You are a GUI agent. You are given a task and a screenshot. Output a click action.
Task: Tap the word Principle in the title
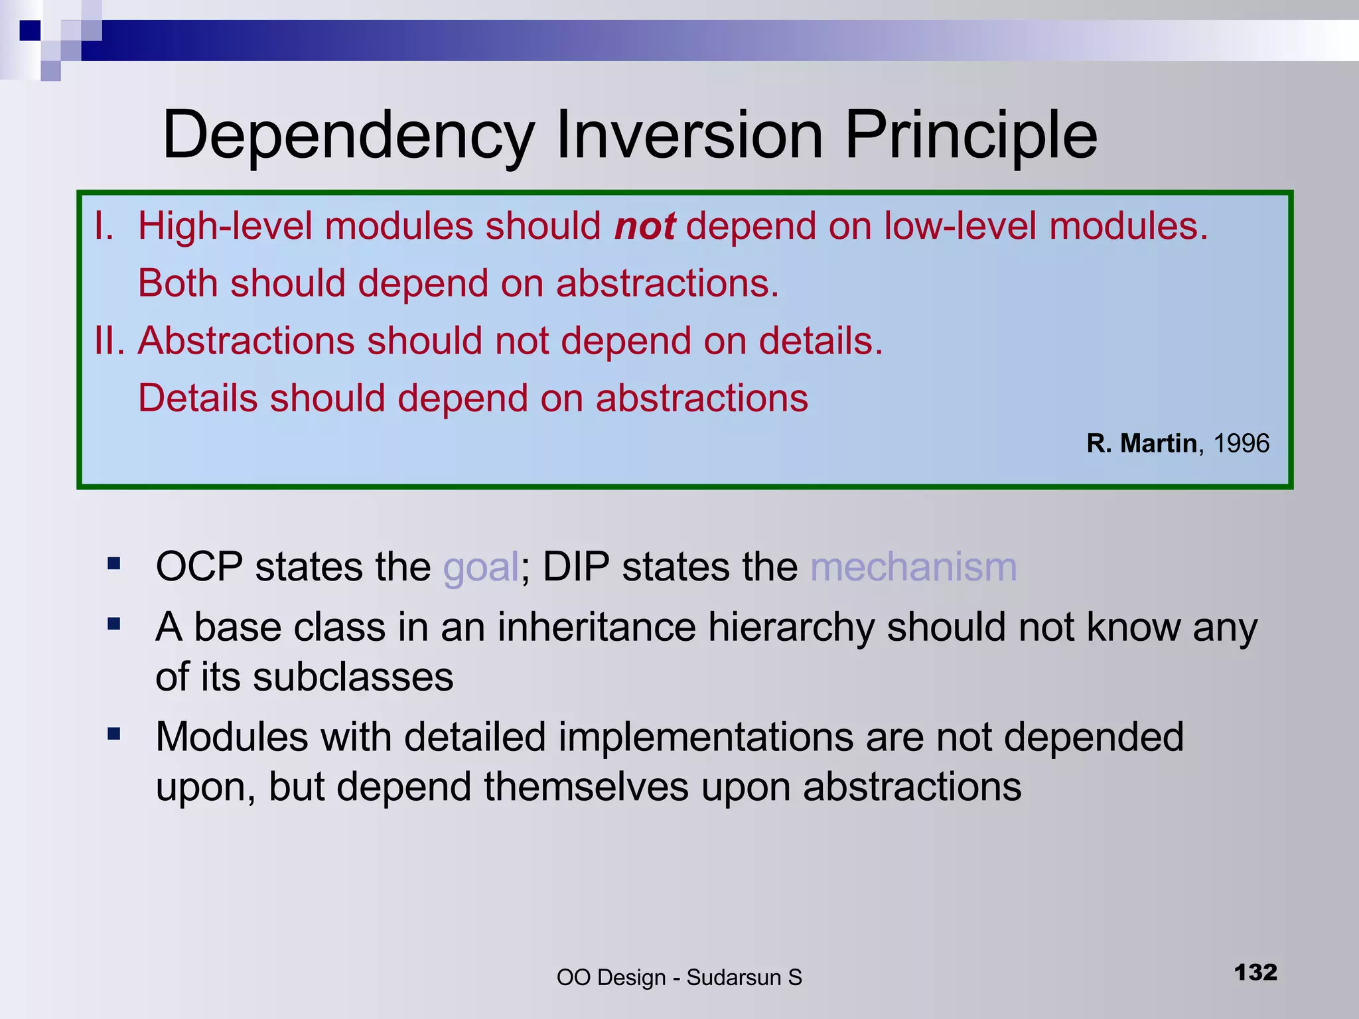[970, 136]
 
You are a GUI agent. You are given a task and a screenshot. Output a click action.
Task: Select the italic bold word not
[644, 226]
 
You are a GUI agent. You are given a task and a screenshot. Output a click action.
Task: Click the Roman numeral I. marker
[104, 226]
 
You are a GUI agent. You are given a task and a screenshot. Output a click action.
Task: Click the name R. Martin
[1141, 443]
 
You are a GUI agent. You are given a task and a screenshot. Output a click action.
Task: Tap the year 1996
[1241, 443]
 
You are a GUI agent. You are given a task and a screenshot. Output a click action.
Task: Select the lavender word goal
[480, 569]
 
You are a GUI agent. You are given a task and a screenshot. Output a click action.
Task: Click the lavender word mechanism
[913, 567]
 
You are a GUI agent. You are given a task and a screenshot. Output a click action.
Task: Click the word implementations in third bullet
[705, 737]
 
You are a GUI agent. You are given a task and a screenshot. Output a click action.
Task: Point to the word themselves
[586, 787]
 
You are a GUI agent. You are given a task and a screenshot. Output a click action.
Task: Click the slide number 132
[1255, 973]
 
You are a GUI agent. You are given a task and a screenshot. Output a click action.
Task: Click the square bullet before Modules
[114, 734]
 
